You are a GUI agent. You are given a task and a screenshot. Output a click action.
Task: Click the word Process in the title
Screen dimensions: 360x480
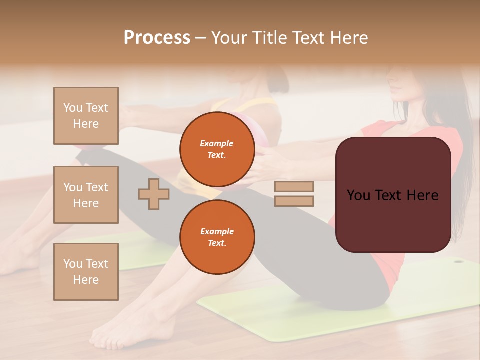pos(157,38)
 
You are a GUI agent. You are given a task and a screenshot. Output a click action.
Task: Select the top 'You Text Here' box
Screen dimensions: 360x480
pos(86,116)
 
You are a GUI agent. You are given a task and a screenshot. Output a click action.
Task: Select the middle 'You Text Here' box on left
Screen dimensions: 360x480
pos(86,195)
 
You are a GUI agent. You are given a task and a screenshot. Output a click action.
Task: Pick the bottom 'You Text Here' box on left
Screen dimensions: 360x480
pos(86,271)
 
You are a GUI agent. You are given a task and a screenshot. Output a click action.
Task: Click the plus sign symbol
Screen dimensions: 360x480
pos(153,194)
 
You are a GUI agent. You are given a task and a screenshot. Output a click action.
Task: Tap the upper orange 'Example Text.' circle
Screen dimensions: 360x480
pos(217,149)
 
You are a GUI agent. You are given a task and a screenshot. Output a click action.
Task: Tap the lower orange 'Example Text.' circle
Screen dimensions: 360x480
pos(217,237)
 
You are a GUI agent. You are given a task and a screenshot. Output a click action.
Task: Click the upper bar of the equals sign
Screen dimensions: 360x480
pos(294,186)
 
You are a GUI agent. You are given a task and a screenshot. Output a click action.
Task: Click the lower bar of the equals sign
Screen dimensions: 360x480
pos(294,201)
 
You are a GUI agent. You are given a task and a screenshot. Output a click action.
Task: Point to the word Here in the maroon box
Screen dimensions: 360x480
pos(422,195)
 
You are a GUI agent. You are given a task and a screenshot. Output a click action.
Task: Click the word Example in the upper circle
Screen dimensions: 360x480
pos(217,143)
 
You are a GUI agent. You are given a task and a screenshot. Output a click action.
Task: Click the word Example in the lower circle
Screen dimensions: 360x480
pos(217,231)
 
